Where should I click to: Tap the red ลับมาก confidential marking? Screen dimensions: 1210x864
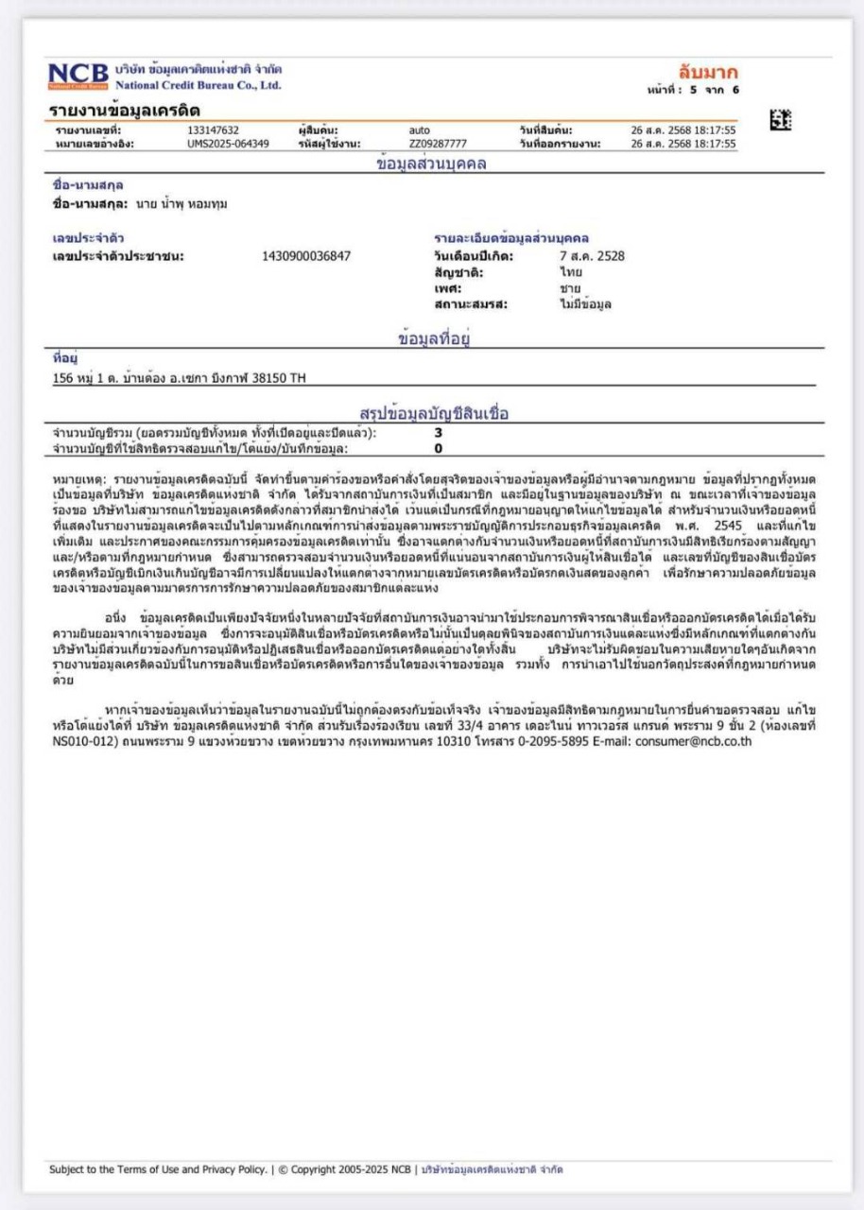click(x=708, y=72)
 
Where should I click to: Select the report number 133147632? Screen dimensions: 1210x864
click(x=213, y=130)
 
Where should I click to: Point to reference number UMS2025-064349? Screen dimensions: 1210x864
click(x=228, y=144)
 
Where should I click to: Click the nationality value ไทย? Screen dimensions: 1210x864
click(x=570, y=271)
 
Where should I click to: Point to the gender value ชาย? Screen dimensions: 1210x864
click(x=569, y=287)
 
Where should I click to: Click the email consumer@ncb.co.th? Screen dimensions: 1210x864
click(x=692, y=742)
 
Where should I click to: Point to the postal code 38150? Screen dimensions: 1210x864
click(x=270, y=378)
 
